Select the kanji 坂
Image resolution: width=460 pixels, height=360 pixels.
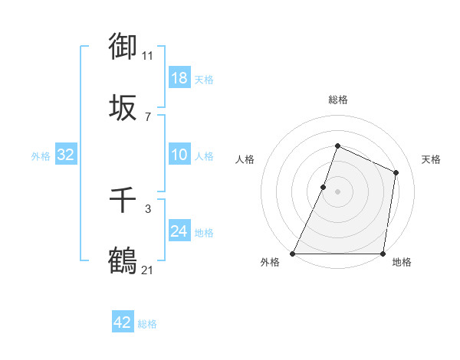(123, 108)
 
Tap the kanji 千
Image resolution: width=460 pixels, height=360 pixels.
(123, 201)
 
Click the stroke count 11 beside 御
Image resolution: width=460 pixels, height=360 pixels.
(148, 55)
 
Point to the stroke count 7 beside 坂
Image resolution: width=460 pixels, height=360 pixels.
(148, 116)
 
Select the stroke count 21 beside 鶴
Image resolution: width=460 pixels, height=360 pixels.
(148, 270)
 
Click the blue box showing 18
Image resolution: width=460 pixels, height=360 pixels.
(179, 78)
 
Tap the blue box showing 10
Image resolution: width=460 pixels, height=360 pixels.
(179, 155)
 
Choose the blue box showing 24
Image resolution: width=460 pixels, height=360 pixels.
(179, 231)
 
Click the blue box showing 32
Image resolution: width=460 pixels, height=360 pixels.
(66, 155)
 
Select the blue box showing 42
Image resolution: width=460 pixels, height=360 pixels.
(123, 322)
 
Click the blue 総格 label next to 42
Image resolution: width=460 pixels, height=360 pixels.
(147, 324)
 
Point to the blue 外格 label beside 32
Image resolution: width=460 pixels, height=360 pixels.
(41, 156)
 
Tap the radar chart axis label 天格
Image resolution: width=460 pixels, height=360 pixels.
(431, 159)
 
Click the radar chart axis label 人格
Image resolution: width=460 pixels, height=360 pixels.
(245, 159)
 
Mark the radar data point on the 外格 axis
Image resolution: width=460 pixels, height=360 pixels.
(293, 254)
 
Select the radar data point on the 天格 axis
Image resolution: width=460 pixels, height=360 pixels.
(396, 172)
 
